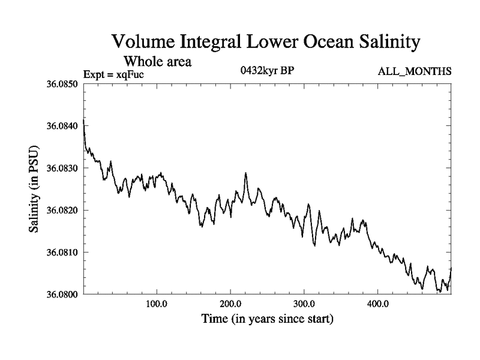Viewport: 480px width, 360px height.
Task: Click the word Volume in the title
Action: [143, 43]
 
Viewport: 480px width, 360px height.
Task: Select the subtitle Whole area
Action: [157, 61]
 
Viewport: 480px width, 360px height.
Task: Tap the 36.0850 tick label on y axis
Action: [62, 84]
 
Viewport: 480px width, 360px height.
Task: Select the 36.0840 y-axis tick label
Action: [62, 126]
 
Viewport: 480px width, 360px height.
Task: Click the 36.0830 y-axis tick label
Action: [62, 168]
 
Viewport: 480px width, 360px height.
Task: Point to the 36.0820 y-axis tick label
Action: [62, 210]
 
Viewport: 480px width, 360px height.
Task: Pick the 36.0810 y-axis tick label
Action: [62, 252]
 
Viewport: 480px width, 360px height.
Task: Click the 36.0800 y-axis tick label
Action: [62, 294]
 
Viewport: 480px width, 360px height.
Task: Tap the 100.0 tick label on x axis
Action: [157, 303]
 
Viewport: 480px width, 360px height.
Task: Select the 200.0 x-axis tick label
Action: [230, 303]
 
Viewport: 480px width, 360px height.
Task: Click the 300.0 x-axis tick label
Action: [304, 303]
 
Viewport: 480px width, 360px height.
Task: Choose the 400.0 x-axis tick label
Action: [378, 303]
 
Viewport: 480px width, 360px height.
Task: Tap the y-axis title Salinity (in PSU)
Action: [34, 189]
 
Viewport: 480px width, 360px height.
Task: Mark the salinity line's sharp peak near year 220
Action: [245, 173]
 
